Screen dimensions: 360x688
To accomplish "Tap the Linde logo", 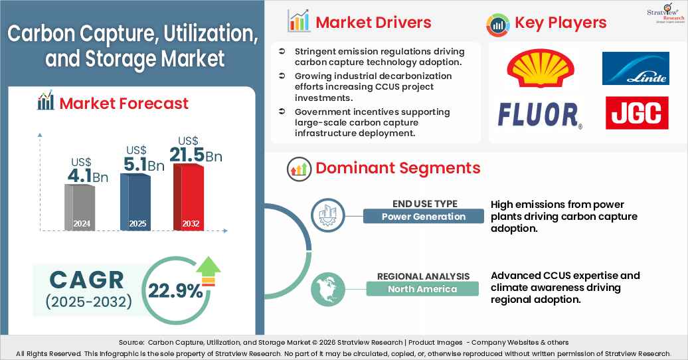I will [636, 68].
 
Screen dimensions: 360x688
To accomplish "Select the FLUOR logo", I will [539, 115].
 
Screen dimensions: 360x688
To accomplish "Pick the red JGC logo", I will [636, 113].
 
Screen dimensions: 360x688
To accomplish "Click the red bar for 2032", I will [189, 197].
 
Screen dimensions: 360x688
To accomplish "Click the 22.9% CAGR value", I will [176, 291].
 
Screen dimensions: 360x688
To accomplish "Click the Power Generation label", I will [423, 217].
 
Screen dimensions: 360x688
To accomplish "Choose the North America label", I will [422, 289].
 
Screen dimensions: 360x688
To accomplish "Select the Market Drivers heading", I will [373, 23].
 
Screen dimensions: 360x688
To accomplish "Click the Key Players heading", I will [560, 23].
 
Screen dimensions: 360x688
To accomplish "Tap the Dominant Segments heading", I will [397, 168].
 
